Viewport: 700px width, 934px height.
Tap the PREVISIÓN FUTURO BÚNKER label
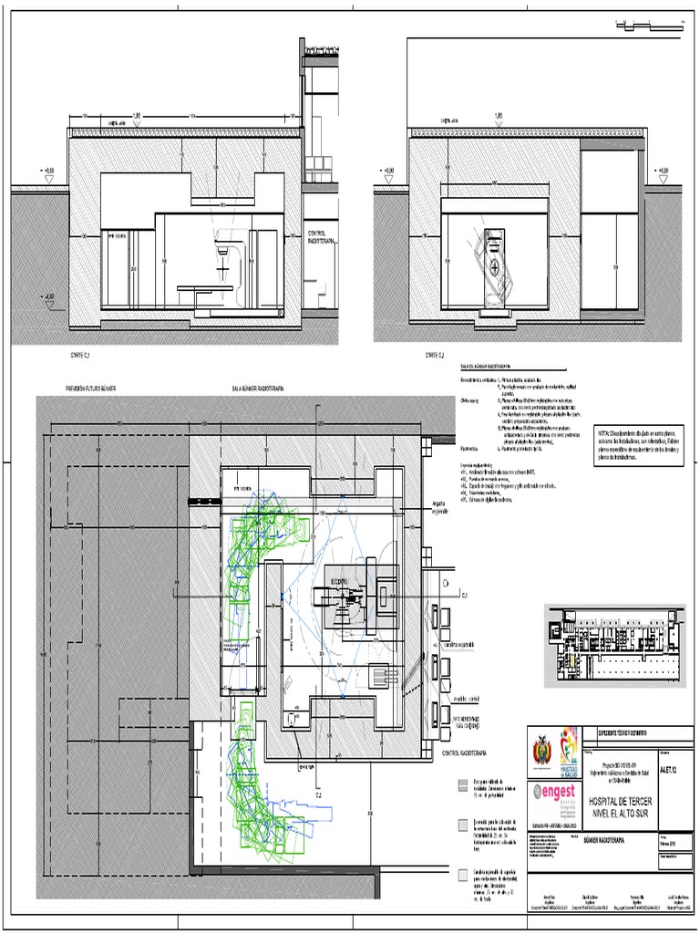(x=91, y=389)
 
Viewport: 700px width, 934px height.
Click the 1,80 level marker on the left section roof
(x=137, y=116)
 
